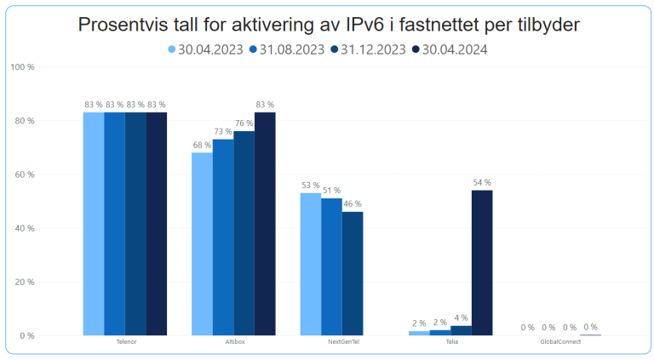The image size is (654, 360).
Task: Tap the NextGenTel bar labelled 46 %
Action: point(353,273)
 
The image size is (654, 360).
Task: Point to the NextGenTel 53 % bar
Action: point(310,264)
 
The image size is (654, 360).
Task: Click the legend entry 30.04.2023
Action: point(207,49)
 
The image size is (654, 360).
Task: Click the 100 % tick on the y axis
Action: point(23,67)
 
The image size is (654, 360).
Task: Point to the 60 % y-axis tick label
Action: point(25,174)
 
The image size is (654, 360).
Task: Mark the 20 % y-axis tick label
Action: point(25,282)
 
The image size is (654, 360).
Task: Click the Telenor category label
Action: point(125,342)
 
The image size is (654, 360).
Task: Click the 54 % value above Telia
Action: point(481,183)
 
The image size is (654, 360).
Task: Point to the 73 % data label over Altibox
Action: point(222,132)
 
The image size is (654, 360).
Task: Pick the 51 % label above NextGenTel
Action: point(331,191)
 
